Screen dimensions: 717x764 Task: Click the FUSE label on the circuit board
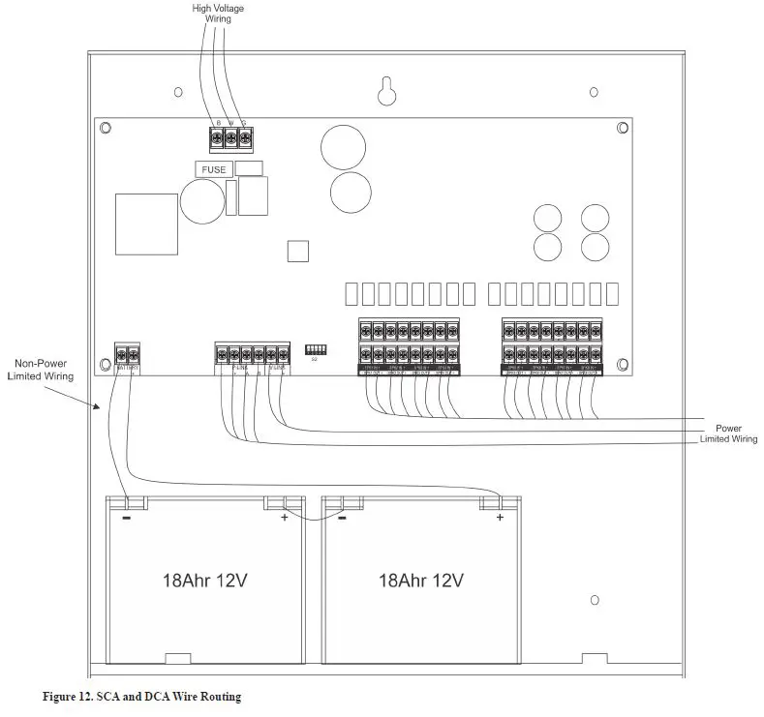[214, 169]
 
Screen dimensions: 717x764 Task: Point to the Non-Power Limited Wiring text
[41, 370]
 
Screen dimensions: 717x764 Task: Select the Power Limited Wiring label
[729, 433]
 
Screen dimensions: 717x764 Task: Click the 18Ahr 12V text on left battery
[205, 582]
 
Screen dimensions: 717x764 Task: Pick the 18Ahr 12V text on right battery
[420, 582]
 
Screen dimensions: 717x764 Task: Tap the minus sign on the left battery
[126, 518]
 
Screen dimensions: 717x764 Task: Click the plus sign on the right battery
[500, 518]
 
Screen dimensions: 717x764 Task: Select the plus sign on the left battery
[284, 518]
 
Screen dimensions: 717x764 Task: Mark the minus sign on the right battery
[342, 518]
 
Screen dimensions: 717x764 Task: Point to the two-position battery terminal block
[127, 353]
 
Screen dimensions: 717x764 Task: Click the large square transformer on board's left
[146, 224]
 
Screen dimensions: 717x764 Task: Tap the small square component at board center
[298, 251]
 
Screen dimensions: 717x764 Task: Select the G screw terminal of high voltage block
[245, 139]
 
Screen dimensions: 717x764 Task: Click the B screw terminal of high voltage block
[218, 139]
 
